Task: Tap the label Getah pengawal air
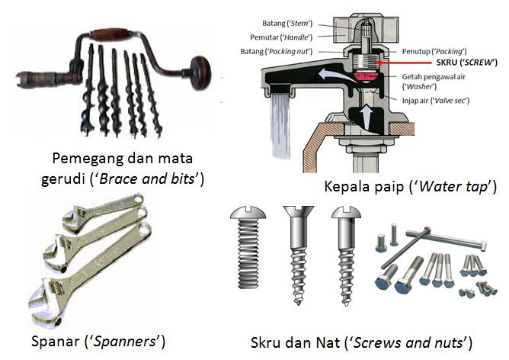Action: point(434,76)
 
